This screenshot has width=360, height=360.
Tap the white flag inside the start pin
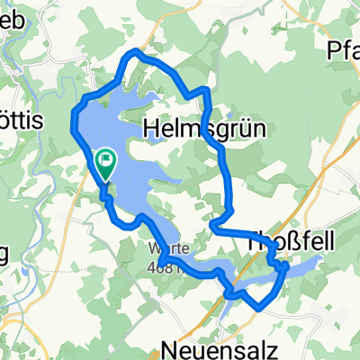coord(106,161)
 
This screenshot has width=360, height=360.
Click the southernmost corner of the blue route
coord(260,308)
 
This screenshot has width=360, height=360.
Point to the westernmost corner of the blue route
coord(72,130)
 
